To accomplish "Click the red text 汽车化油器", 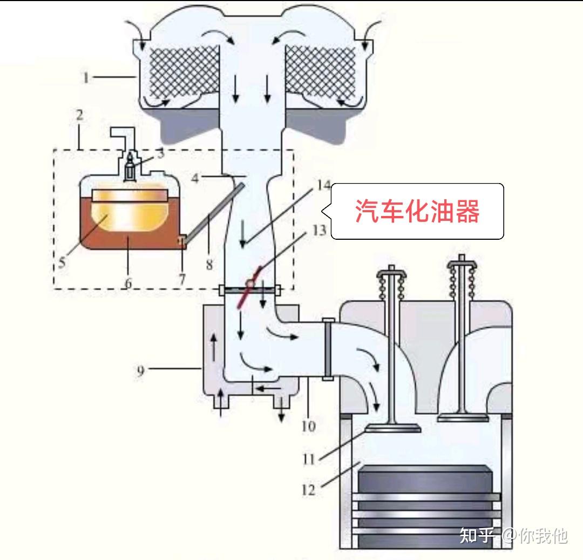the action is tap(417, 211).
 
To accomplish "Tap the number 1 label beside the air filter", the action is tap(86, 77).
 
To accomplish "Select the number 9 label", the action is tap(140, 370).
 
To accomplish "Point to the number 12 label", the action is tap(309, 490).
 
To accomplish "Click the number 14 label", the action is tap(323, 185).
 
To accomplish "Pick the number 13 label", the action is tap(319, 230).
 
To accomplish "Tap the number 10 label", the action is tap(309, 426).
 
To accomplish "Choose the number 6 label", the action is tap(128, 284).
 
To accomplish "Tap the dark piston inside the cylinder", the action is tap(424, 505).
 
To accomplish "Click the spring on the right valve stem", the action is tap(462, 282).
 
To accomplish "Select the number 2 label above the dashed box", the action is tap(79, 115).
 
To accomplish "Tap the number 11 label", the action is tap(309, 459).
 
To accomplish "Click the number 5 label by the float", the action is tap(62, 262).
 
